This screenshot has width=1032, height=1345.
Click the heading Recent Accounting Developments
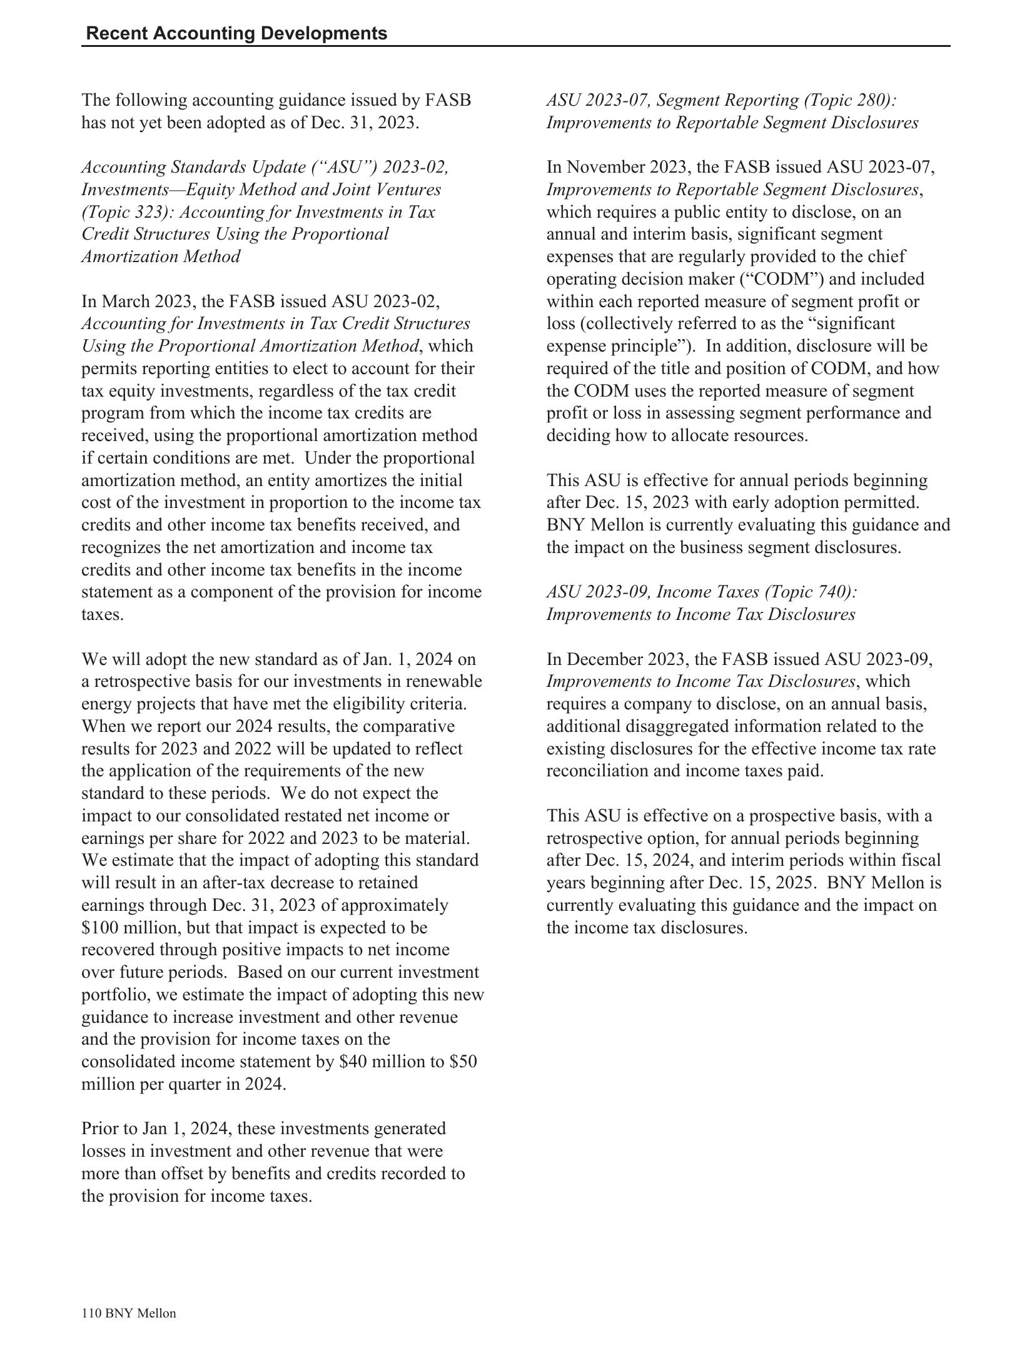point(236,33)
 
